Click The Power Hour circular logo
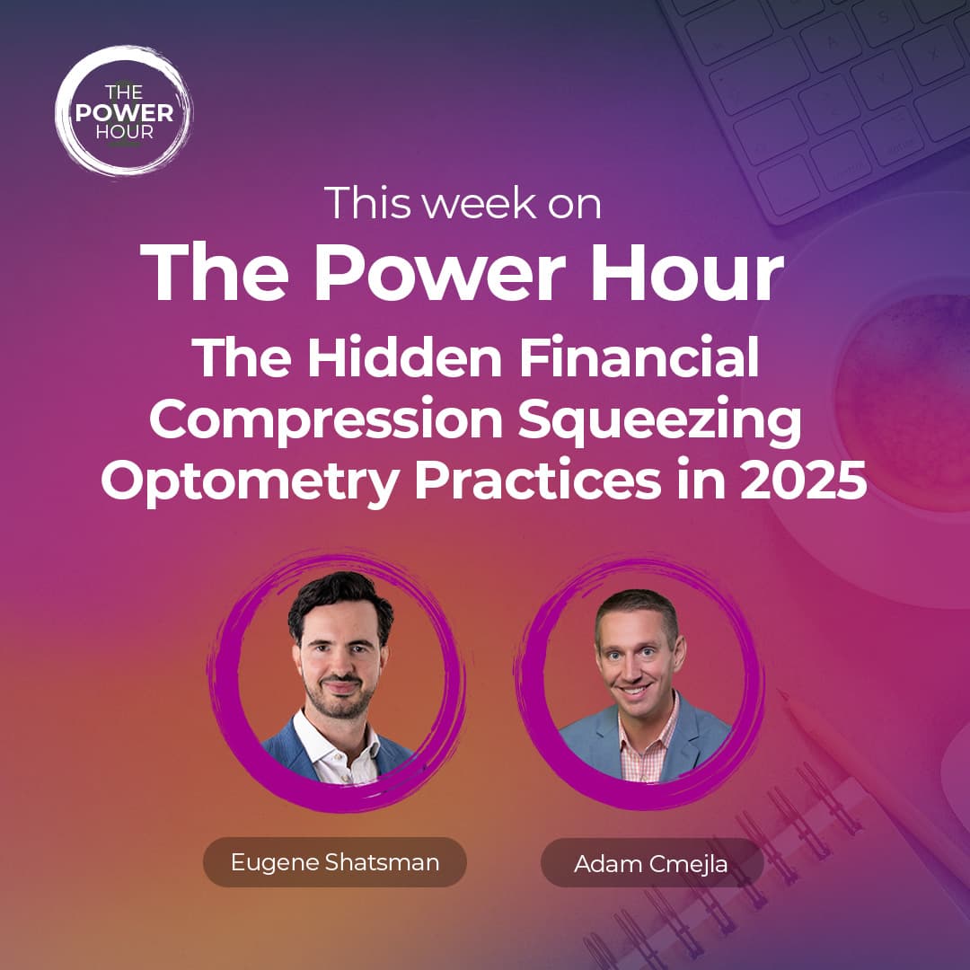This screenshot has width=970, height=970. pos(123,110)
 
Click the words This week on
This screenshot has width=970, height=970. pos(462,203)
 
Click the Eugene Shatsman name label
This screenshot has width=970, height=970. pos(335,862)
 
